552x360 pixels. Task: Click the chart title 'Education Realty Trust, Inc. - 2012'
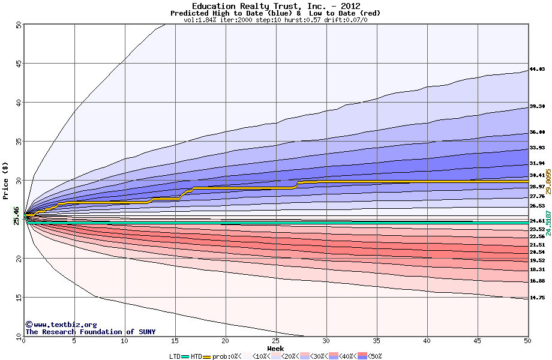275,6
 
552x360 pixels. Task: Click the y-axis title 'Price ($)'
6,180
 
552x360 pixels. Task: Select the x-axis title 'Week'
275,348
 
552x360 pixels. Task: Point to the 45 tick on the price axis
19,64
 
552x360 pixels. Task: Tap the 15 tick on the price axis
19,297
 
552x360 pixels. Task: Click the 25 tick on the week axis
275,341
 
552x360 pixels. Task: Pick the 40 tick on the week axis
427,341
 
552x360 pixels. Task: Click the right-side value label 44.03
536,70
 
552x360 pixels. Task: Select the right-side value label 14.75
536,298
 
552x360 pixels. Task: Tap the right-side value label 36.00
536,132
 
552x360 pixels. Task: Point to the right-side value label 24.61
536,221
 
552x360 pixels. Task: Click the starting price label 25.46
16,215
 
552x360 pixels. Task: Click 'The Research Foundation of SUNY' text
80,332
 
